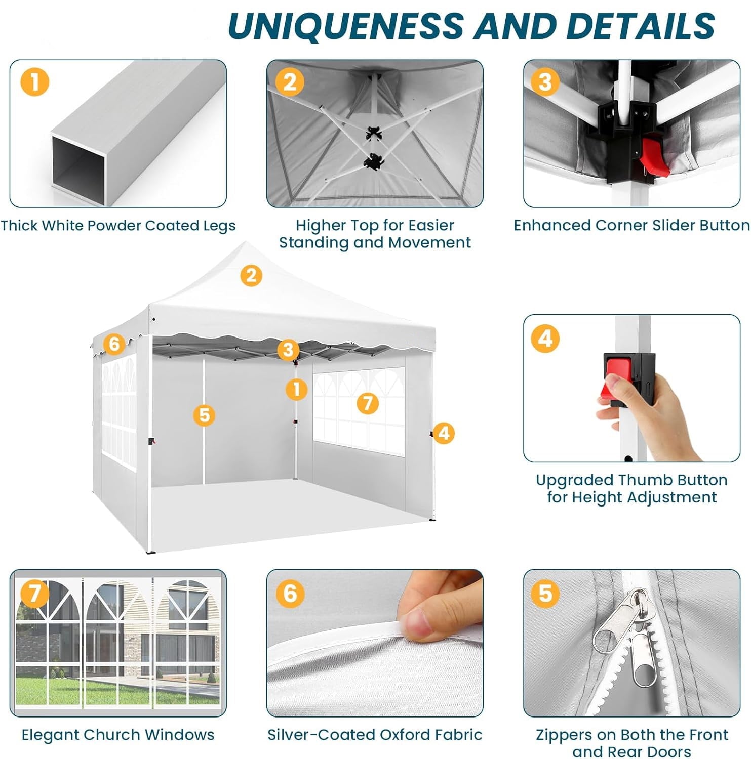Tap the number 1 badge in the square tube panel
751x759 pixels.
35,81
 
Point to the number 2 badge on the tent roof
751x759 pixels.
251,276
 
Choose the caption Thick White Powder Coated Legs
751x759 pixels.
118,226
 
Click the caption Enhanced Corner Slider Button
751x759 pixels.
631,225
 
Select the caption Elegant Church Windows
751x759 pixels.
118,734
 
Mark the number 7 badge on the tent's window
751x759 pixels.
368,403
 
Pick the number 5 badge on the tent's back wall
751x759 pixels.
204,415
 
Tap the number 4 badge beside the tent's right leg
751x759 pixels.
444,433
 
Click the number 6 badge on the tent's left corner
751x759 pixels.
114,344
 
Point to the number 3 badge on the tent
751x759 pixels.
288,349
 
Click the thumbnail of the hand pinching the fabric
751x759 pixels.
375,643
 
